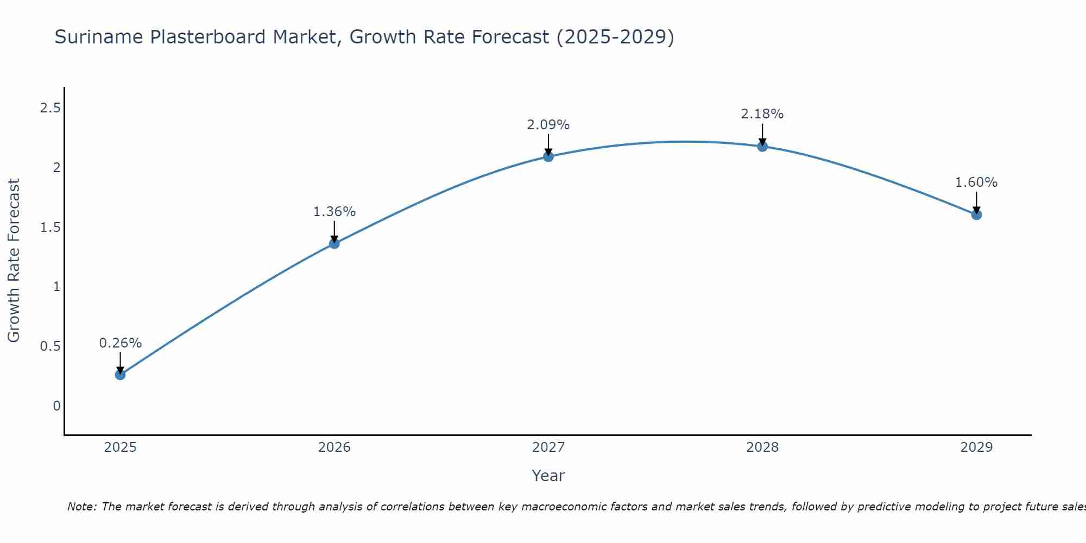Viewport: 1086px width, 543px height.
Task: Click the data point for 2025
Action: (x=120, y=375)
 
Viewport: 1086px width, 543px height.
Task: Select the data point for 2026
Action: (x=334, y=243)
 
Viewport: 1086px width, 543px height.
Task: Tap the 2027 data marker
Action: (x=548, y=157)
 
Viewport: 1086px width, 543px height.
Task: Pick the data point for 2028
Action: (x=762, y=146)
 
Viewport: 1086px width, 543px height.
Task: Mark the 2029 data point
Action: (x=976, y=215)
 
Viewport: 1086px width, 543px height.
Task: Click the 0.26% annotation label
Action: (x=120, y=343)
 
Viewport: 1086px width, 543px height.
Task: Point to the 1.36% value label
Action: (x=334, y=212)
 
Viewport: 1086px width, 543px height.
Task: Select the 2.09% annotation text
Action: (x=548, y=125)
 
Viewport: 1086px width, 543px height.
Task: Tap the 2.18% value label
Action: (x=762, y=114)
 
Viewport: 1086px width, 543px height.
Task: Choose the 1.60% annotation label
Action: (x=976, y=182)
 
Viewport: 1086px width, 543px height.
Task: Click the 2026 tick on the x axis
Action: (x=334, y=447)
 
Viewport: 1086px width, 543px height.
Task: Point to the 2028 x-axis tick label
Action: (x=762, y=447)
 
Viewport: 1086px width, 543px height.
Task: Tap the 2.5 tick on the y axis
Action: (x=50, y=108)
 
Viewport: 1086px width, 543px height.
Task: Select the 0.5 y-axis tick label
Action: (x=50, y=346)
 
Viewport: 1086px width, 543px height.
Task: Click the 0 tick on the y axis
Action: (x=56, y=406)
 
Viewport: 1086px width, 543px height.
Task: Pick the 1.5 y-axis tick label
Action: (x=50, y=228)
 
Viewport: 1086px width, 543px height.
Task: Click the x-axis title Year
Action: (x=548, y=476)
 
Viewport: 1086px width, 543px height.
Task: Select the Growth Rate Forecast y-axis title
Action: (x=14, y=261)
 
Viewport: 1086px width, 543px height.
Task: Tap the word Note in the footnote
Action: (x=81, y=507)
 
